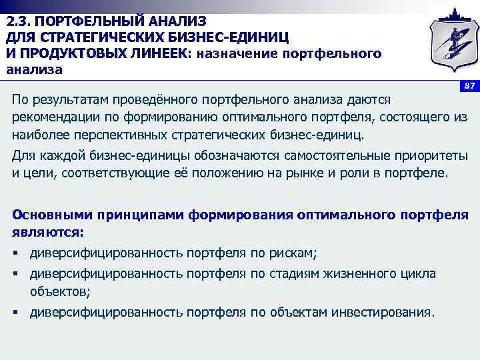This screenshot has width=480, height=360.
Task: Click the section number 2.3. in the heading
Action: (20, 21)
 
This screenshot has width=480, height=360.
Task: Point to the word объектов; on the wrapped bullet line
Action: (60, 291)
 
